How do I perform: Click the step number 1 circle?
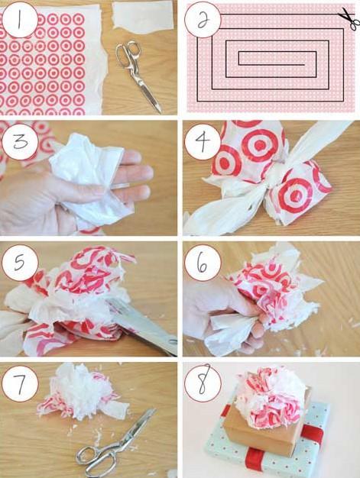20,20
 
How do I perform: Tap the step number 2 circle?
203,20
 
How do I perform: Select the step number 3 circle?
20,140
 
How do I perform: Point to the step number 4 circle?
203,140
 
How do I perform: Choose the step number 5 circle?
20,263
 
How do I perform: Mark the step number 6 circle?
203,263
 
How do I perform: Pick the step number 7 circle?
20,383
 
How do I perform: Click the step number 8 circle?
203,383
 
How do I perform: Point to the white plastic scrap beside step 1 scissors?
144,16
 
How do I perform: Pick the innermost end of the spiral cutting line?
304,65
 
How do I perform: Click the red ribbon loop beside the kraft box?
313,434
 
